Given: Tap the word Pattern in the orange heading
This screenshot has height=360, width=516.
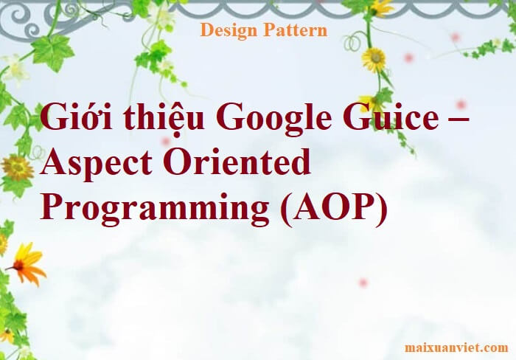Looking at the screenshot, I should point(293,30).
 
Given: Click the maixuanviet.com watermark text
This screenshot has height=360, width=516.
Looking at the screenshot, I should point(456,347).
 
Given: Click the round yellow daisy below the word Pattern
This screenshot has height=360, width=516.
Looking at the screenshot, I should point(374,58).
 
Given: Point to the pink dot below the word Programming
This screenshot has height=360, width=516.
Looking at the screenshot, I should point(363,283).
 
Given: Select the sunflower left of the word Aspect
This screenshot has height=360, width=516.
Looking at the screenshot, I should point(17,167).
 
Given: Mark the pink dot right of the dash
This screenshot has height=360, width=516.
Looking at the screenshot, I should point(461,104).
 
